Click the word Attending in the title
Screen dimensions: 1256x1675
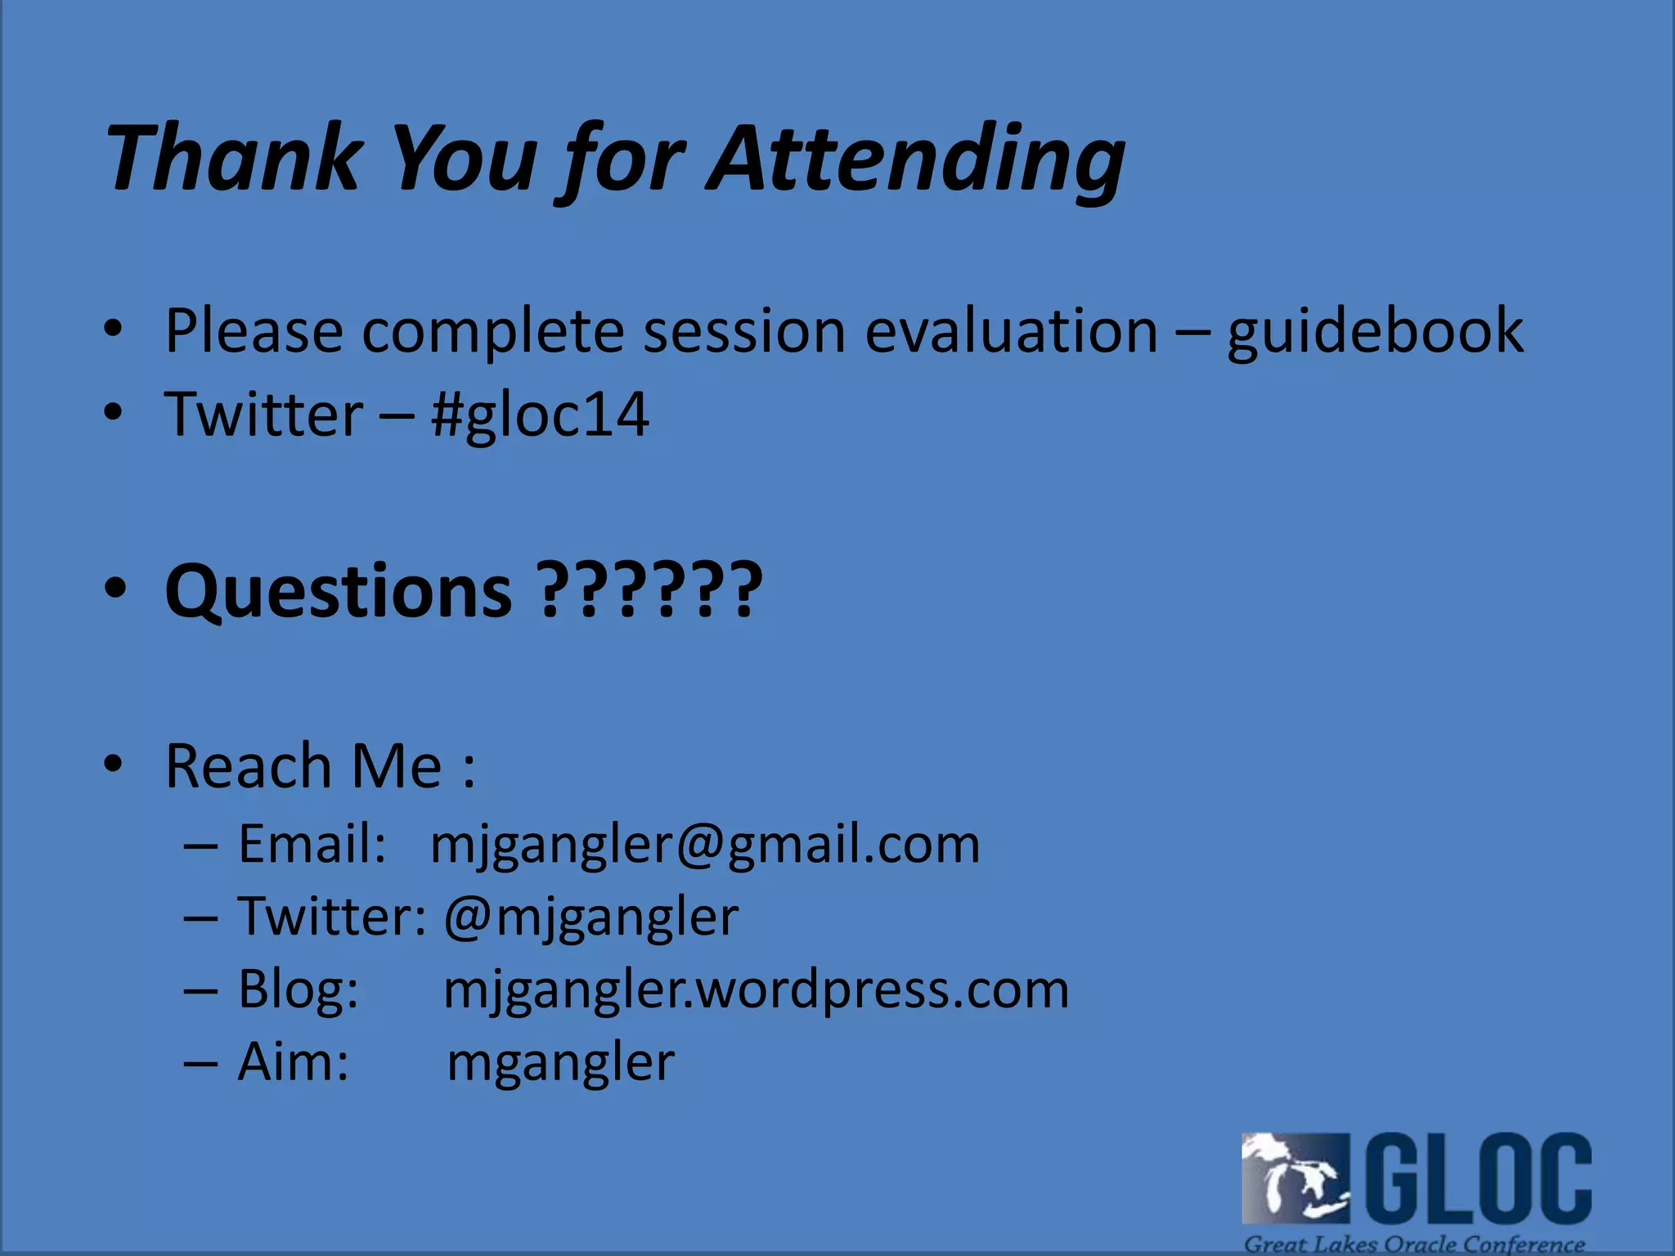916,159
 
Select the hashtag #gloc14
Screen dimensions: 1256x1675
540,415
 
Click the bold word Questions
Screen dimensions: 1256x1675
339,590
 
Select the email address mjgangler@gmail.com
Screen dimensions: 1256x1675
704,844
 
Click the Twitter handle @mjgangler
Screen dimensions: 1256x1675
591,917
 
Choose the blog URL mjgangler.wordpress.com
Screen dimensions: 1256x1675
756,989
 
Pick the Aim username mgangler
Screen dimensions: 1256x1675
561,1062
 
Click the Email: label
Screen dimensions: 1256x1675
312,844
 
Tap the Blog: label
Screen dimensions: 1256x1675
299,989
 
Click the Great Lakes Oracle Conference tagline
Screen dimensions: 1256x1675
1414,1244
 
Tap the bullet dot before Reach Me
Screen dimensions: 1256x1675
114,764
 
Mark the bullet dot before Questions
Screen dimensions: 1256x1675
115,588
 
